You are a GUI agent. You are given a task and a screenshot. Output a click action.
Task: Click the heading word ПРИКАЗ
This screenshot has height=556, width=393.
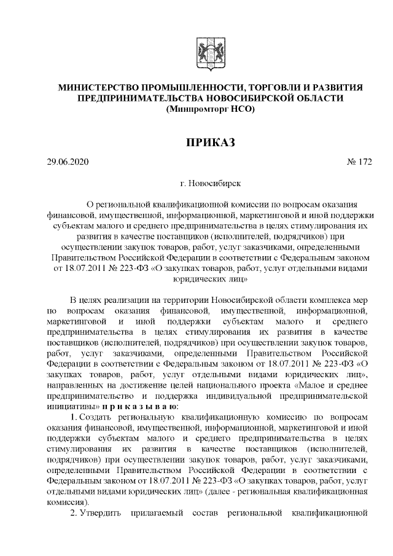coord(210,143)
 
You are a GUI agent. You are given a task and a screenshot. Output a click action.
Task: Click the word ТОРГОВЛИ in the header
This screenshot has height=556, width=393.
coord(274,88)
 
